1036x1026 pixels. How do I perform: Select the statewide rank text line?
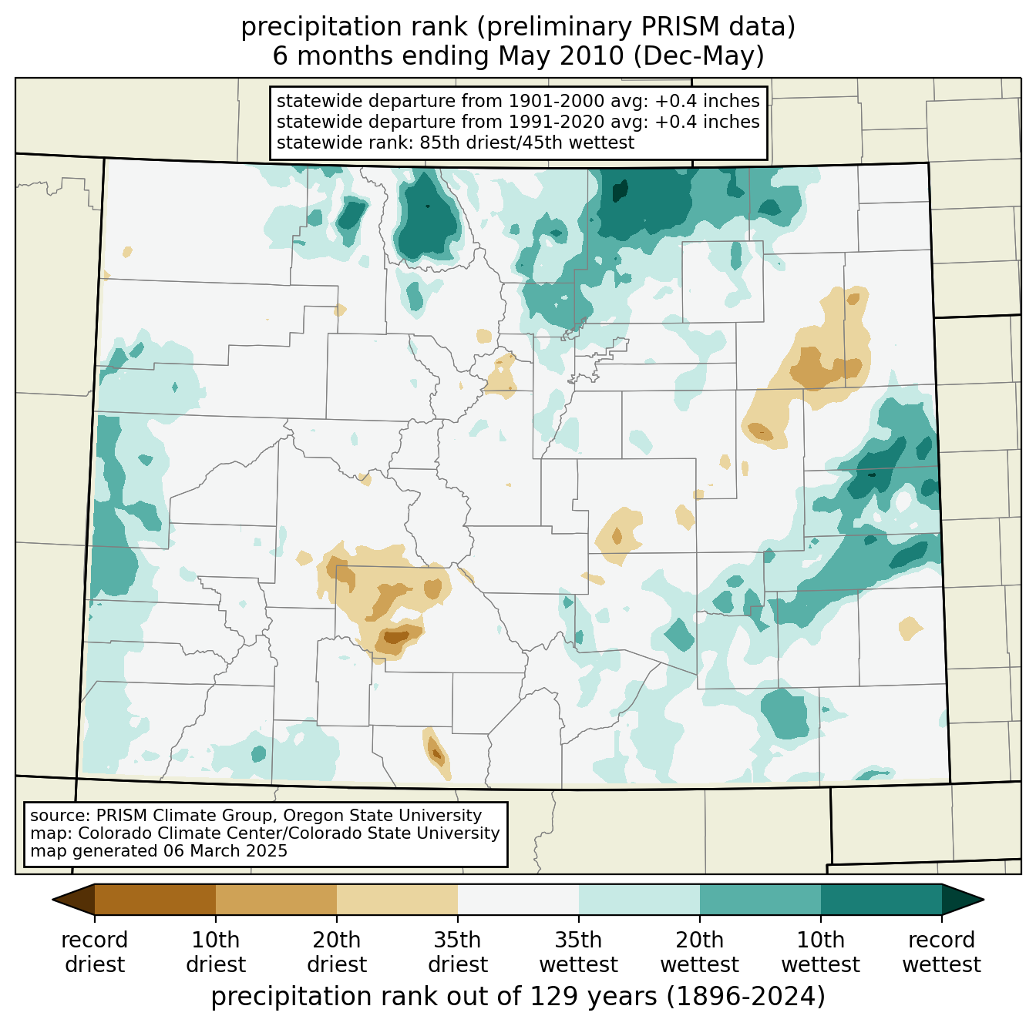(x=455, y=142)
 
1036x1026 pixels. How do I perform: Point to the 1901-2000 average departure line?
(x=518, y=100)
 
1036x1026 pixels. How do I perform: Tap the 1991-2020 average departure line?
(x=518, y=122)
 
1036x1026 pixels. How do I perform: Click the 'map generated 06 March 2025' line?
(x=159, y=851)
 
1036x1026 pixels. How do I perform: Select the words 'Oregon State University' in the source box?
(x=382, y=815)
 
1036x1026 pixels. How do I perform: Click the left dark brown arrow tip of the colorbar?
(x=53, y=899)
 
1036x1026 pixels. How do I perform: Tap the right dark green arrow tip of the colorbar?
(x=984, y=899)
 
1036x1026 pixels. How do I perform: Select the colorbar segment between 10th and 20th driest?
(x=276, y=899)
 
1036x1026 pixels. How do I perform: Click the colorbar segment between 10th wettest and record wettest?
(x=881, y=899)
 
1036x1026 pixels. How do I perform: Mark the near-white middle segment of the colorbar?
(x=518, y=899)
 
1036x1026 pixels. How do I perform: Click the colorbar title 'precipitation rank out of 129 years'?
(x=434, y=997)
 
